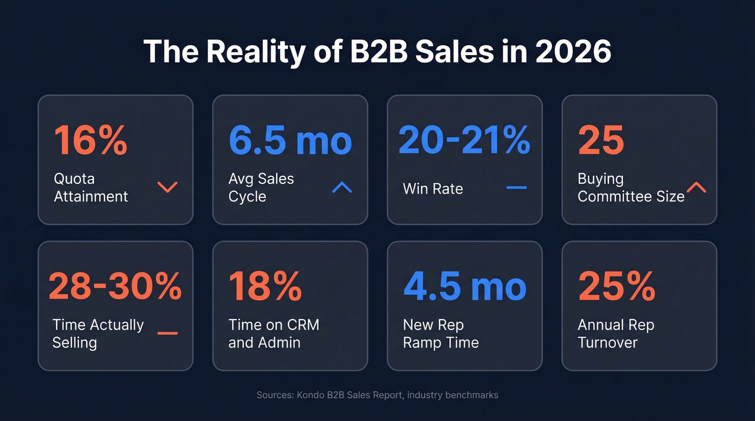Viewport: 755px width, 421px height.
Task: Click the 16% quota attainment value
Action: click(x=91, y=140)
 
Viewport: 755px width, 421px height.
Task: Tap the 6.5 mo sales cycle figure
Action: click(x=290, y=140)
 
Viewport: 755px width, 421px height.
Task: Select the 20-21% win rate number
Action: click(x=464, y=140)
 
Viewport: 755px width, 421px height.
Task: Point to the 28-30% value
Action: click(x=115, y=286)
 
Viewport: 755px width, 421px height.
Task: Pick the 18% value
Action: click(x=265, y=286)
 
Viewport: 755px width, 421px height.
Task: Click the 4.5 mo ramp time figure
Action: click(x=465, y=286)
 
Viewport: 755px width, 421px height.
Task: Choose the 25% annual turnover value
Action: click(x=616, y=286)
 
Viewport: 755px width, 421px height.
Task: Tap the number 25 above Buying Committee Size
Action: click(x=601, y=140)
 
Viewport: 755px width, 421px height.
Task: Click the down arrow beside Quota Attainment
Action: click(x=167, y=187)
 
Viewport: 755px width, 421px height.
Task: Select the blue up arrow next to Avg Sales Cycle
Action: click(x=342, y=187)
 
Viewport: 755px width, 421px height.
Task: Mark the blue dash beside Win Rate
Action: click(x=517, y=188)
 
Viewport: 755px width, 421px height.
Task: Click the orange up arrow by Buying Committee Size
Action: click(x=696, y=187)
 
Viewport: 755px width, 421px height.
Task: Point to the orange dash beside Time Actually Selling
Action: click(x=167, y=333)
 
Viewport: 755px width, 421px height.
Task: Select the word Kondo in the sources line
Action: click(x=310, y=395)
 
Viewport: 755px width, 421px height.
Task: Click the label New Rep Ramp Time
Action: click(x=441, y=334)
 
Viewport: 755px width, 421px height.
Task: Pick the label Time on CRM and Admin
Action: click(x=273, y=334)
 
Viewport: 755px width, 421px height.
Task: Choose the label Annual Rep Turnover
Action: click(x=615, y=334)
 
